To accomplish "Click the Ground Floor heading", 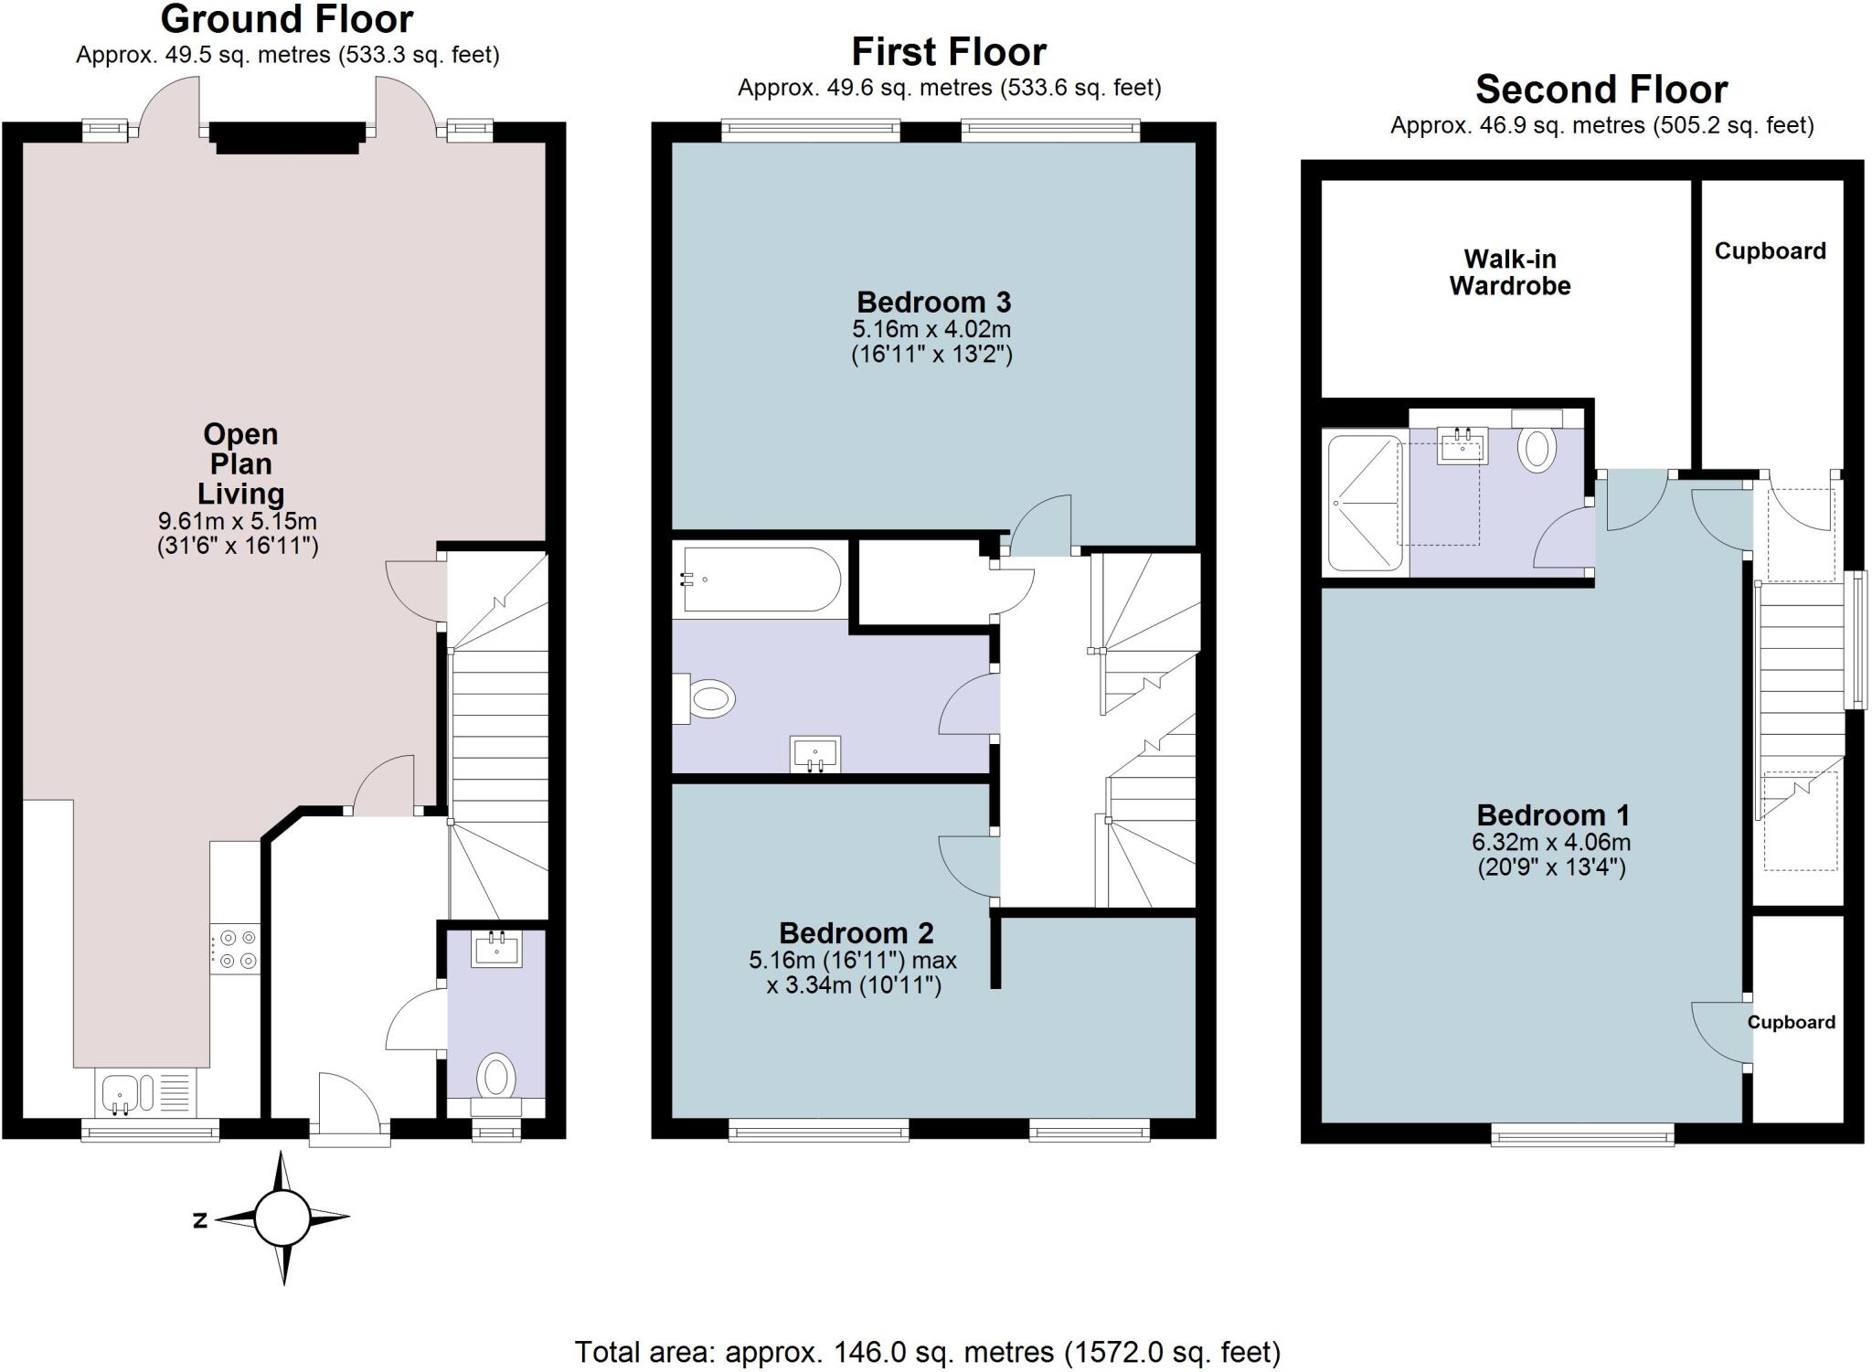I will coord(287,19).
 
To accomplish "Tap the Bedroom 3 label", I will coord(932,303).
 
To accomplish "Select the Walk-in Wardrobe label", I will coord(1509,272).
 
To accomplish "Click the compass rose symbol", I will coord(282,1218).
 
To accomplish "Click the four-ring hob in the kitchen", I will coord(236,949).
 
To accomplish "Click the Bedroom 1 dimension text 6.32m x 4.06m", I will coord(1551,842).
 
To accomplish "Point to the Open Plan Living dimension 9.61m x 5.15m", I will coord(238,522).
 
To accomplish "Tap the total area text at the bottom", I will coord(927,1351).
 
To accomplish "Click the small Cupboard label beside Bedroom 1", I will coord(1791,1022).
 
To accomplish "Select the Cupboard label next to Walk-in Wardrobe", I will coord(1770,251).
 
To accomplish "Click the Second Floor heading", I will coord(1601,90).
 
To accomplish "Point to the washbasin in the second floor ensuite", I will coord(1462,446).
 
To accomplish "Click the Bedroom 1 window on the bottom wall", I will coord(1582,1135).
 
